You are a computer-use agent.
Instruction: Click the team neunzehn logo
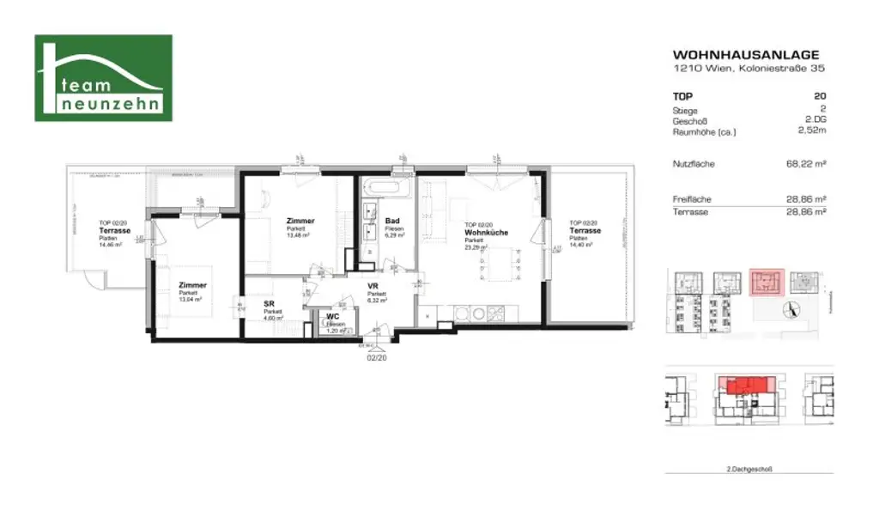tap(103, 78)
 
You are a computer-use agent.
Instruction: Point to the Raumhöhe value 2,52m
tap(811, 132)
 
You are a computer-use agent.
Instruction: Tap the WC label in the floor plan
tap(331, 316)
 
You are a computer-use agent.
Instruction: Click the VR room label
tap(373, 286)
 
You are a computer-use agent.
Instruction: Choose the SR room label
tap(268, 303)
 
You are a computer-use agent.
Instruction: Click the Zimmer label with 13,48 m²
tap(300, 222)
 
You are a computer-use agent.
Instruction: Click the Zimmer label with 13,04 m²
tap(192, 285)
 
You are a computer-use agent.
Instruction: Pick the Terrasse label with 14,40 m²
tap(585, 231)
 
